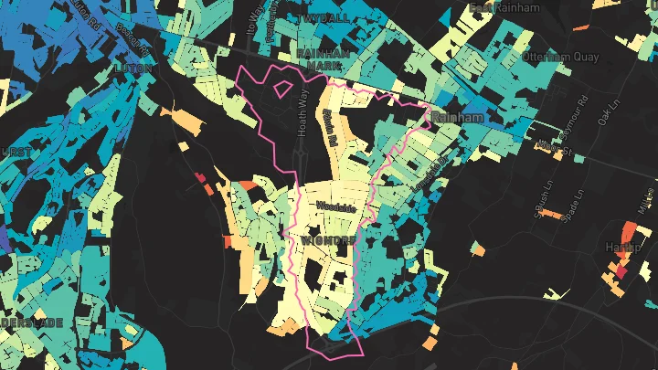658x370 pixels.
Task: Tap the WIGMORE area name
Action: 327,240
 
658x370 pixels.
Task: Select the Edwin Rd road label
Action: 330,128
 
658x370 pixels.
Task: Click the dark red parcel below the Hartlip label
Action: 621,270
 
